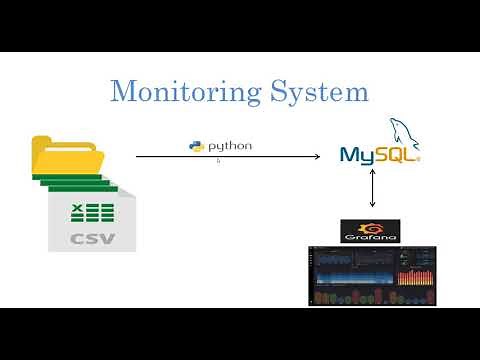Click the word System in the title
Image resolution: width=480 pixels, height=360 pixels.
click(x=319, y=92)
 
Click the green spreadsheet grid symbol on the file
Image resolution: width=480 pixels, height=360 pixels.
click(x=92, y=211)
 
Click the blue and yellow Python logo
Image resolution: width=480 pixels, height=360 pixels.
click(x=197, y=147)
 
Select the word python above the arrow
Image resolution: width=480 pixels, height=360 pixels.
click(x=229, y=147)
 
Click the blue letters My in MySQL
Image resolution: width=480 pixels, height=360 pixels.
click(x=357, y=156)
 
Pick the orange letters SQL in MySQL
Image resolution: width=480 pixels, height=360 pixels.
click(x=397, y=156)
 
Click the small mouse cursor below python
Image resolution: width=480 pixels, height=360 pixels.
click(x=218, y=160)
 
